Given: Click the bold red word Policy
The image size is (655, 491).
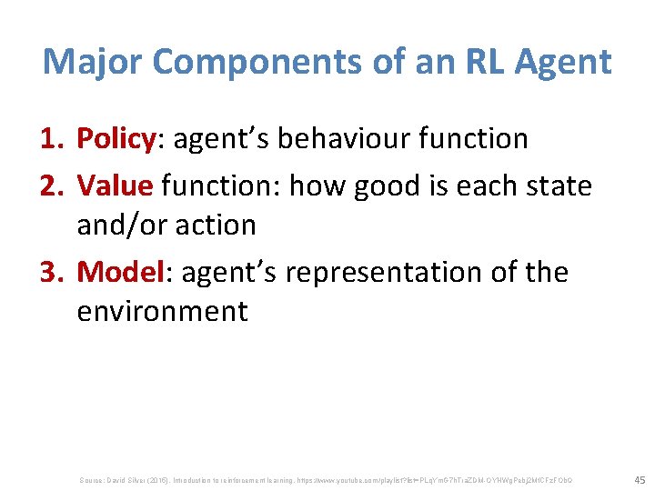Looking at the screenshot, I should tap(115, 139).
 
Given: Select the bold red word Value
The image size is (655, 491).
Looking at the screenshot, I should tap(115, 185).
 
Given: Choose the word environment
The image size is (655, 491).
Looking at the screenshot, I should tap(162, 311).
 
